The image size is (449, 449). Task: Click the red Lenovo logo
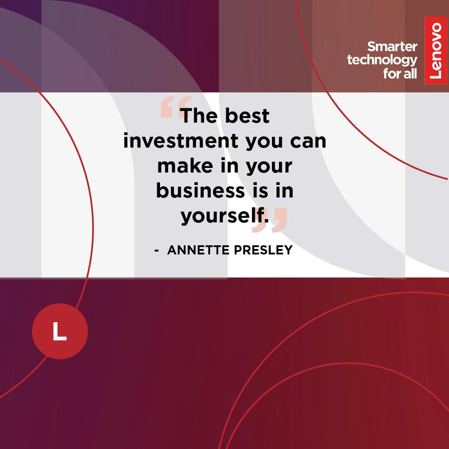pyautogui.click(x=436, y=50)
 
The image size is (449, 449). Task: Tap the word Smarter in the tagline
pyautogui.click(x=392, y=47)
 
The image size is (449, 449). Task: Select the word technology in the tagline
pyautogui.click(x=382, y=60)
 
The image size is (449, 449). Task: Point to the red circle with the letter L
pyautogui.click(x=60, y=331)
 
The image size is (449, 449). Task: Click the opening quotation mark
pyautogui.click(x=175, y=107)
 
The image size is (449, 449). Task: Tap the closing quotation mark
pyautogui.click(x=269, y=220)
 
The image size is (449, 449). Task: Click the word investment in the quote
pyautogui.click(x=181, y=141)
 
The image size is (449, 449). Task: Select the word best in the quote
pyautogui.click(x=247, y=116)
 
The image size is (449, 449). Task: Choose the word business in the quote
pyautogui.click(x=200, y=190)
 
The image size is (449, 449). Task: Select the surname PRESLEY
pyautogui.click(x=264, y=250)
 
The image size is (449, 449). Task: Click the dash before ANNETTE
pyautogui.click(x=157, y=251)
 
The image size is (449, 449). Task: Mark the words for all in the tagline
pyautogui.click(x=400, y=74)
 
